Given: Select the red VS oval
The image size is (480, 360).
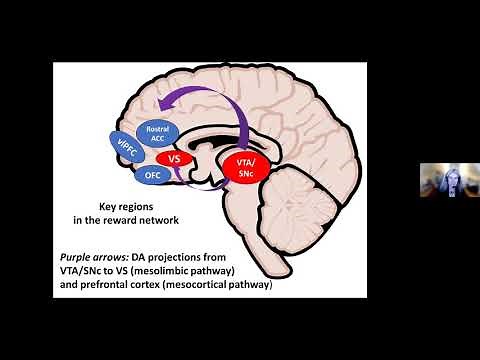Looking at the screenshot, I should coord(173,158).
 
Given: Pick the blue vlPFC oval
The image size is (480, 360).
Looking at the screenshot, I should coord(126,148).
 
